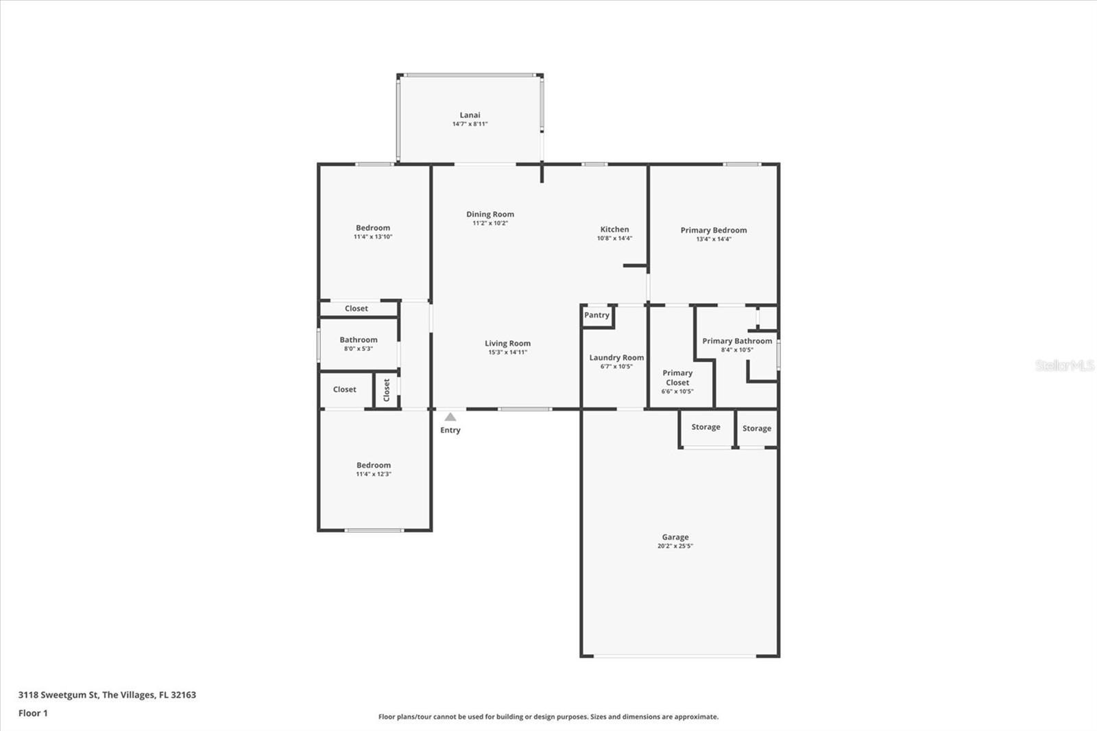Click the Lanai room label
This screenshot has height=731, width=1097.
tap(470, 115)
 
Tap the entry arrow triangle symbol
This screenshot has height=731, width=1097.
tap(450, 417)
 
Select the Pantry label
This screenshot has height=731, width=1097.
tap(596, 315)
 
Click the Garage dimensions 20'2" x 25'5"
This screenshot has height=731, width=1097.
tap(675, 547)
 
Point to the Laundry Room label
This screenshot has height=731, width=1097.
tap(616, 357)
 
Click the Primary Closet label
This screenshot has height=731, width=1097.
tap(677, 378)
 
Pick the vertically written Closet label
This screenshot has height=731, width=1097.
tap(387, 390)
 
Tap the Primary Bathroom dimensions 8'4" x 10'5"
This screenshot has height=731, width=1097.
tap(736, 350)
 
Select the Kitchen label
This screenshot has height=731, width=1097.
tap(614, 230)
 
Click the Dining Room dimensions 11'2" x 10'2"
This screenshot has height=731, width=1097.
tap(490, 224)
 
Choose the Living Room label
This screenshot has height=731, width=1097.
tap(507, 344)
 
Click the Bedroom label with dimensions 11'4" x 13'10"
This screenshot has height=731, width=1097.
tap(373, 228)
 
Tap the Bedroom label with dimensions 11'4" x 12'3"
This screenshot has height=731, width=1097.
tap(373, 465)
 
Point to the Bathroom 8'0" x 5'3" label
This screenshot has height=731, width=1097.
tap(359, 340)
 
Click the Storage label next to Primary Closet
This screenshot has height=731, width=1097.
tap(706, 427)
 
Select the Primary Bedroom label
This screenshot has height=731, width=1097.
tap(713, 230)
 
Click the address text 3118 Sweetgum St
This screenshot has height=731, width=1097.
tap(58, 695)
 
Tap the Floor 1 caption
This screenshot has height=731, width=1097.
tap(33, 713)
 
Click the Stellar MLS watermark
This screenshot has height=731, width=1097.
tap(1065, 365)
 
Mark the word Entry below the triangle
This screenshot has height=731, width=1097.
tap(450, 431)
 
